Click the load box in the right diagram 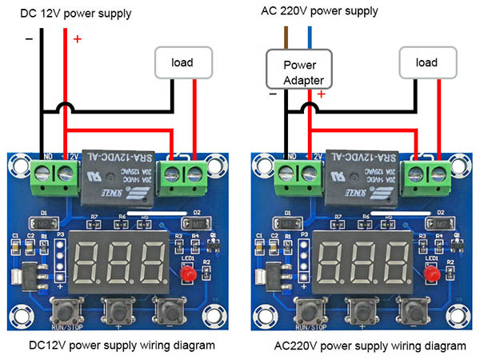[x=426, y=62]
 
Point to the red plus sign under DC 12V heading [x=77, y=39]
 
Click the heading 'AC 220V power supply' [x=330, y=11]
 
